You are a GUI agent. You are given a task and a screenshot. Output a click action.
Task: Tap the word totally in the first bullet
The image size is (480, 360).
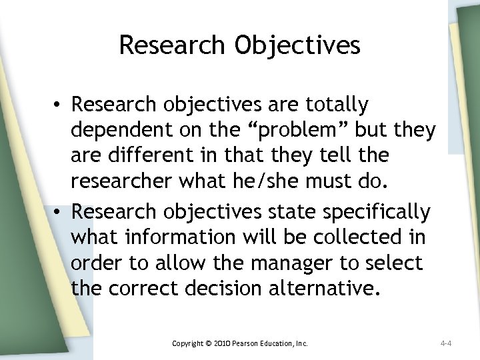pyautogui.click(x=345, y=104)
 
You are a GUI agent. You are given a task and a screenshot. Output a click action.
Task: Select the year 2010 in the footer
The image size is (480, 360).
pyautogui.click(x=222, y=343)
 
